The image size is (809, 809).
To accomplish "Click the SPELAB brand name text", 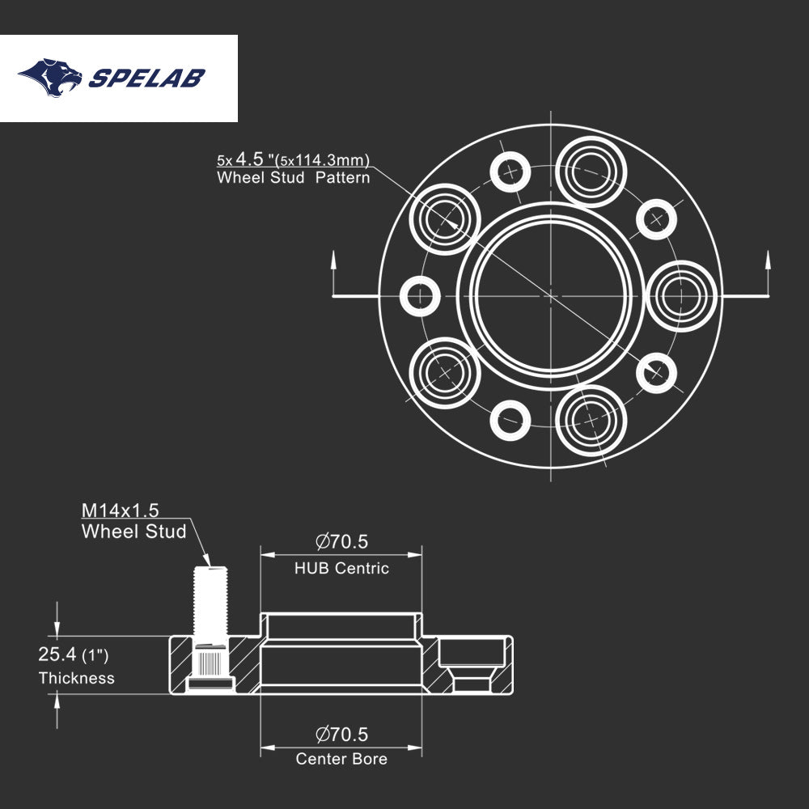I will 146,78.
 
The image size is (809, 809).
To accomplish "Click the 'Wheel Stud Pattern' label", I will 293,178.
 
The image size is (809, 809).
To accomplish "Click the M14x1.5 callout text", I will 121,510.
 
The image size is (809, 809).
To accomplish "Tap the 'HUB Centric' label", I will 341,569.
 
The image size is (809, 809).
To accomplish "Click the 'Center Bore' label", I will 341,759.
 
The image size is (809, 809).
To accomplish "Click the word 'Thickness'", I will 77,679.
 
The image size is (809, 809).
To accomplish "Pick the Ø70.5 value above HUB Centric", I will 341,541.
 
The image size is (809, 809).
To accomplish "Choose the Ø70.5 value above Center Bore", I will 341,734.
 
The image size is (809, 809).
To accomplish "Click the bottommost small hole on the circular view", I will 511,420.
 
